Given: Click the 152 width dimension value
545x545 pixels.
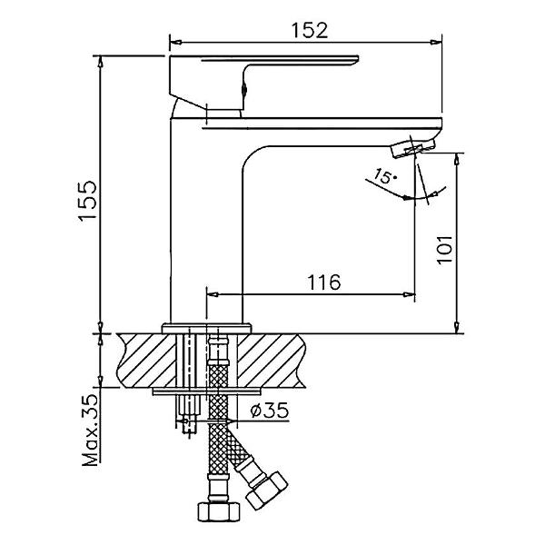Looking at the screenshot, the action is (x=310, y=30).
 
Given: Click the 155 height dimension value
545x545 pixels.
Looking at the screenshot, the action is (x=87, y=200).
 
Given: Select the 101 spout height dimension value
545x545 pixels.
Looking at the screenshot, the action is (x=444, y=250).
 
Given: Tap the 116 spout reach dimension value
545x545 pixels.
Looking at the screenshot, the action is (x=324, y=282).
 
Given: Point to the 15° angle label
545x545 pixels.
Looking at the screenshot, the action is (x=384, y=176).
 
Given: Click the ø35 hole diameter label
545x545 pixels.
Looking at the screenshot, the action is (x=270, y=411).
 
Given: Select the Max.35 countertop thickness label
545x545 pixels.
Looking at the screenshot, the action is (x=90, y=430).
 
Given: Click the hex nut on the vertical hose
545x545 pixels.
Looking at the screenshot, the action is (x=219, y=511).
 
